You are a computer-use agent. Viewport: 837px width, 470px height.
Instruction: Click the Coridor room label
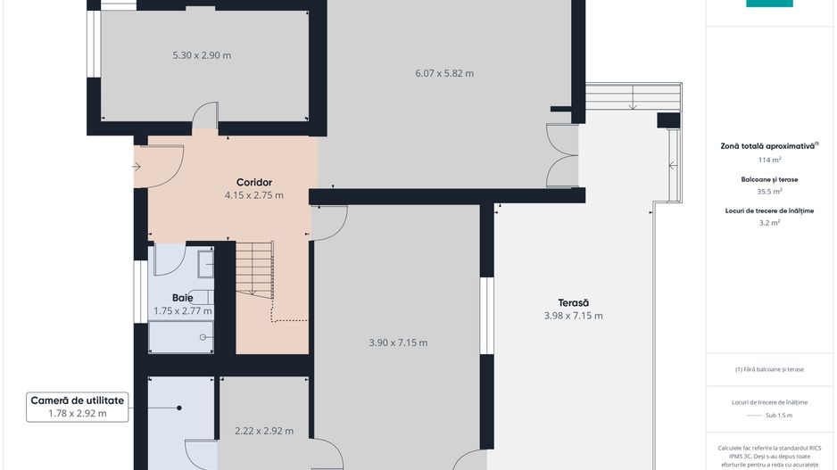pyautogui.click(x=254, y=183)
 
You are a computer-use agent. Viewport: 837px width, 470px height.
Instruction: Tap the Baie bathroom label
pyautogui.click(x=183, y=298)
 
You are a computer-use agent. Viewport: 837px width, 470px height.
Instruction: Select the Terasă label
pyautogui.click(x=573, y=302)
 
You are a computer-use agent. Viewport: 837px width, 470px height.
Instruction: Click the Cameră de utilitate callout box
pyautogui.click(x=78, y=407)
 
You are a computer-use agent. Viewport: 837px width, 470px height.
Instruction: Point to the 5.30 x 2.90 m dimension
pyautogui.click(x=202, y=55)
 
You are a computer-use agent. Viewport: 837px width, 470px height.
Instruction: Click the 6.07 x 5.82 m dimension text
pyautogui.click(x=444, y=73)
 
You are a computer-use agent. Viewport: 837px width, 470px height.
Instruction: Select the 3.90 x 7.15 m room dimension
pyautogui.click(x=398, y=342)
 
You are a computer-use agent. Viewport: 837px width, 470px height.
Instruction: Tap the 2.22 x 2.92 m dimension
pyautogui.click(x=264, y=431)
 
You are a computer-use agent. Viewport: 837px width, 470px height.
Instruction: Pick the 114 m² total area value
pyautogui.click(x=770, y=160)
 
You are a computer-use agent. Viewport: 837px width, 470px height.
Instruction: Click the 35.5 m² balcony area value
pyautogui.click(x=770, y=191)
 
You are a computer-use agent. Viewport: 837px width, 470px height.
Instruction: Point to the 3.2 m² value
pyautogui.click(x=770, y=222)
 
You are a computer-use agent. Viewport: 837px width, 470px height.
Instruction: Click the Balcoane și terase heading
pyautogui.click(x=770, y=179)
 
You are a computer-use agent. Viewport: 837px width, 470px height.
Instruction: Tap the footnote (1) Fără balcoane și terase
pyautogui.click(x=769, y=369)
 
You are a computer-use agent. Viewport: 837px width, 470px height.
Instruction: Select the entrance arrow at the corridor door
pyautogui.click(x=137, y=167)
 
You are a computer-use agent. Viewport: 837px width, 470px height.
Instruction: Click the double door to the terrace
pyautogui.click(x=562, y=156)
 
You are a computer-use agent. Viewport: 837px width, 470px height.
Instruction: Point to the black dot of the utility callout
pyautogui.click(x=179, y=408)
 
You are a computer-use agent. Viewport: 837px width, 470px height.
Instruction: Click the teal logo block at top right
pyautogui.click(x=769, y=4)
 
